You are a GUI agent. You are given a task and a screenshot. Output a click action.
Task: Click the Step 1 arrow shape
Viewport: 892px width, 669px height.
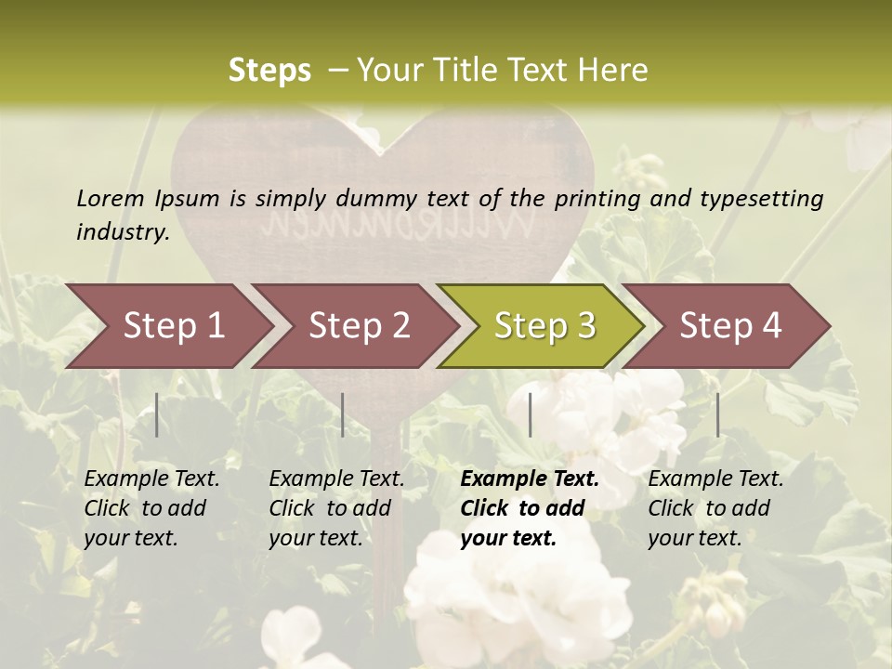[173, 326]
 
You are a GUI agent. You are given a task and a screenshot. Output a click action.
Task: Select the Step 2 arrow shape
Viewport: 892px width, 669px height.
[359, 326]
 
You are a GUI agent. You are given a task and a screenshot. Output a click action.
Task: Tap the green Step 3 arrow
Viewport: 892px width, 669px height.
[544, 326]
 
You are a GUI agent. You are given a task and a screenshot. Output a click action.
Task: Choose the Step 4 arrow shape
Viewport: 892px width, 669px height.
[730, 326]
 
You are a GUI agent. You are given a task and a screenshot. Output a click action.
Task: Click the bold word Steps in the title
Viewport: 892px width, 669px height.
[269, 70]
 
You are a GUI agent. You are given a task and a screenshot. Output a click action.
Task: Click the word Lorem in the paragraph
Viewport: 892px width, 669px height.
[111, 198]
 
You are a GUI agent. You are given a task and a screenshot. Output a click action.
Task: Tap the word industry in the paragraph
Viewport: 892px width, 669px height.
[122, 231]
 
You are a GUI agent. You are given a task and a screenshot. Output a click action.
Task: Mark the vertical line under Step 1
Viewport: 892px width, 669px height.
[157, 414]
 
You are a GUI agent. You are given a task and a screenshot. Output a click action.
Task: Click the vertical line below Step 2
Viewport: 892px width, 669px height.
[343, 414]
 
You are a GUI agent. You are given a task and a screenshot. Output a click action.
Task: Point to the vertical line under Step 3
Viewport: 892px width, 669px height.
[531, 414]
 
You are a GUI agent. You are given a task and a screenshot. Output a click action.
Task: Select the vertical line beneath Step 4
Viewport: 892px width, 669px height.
[718, 414]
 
